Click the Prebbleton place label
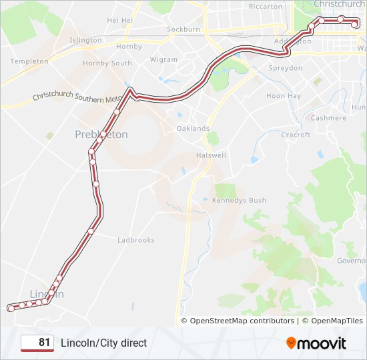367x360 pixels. pyautogui.click(x=101, y=135)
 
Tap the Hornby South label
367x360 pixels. pyautogui.click(x=107, y=63)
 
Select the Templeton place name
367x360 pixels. pyautogui.click(x=29, y=61)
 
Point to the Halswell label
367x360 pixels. pyautogui.click(x=211, y=155)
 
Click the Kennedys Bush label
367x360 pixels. pyautogui.click(x=239, y=200)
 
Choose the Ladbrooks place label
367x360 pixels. pyautogui.click(x=135, y=240)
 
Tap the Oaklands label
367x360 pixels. pyautogui.click(x=193, y=128)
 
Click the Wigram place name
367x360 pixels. pyautogui.click(x=163, y=59)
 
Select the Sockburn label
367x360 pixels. pyautogui.click(x=183, y=30)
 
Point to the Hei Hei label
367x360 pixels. pyautogui.click(x=120, y=21)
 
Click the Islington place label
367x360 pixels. pyautogui.click(x=85, y=40)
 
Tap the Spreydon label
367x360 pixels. pyautogui.click(x=285, y=68)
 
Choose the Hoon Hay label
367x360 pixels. pyautogui.click(x=284, y=96)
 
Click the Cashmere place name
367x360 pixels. pyautogui.click(x=329, y=118)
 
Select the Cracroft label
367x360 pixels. pyautogui.click(x=296, y=135)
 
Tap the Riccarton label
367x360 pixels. pyautogui.click(x=247, y=7)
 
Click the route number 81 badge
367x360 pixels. pyautogui.click(x=37, y=343)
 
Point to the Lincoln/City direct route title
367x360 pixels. pyautogui.click(x=103, y=343)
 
